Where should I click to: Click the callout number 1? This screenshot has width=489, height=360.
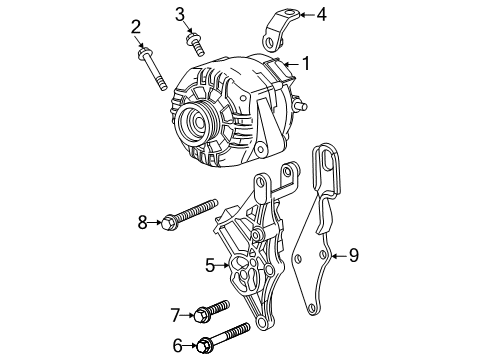305,63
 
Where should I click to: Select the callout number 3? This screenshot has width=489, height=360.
180,13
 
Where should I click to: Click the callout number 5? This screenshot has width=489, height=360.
210,265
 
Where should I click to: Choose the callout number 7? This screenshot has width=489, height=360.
177,315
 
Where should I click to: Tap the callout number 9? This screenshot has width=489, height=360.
352,255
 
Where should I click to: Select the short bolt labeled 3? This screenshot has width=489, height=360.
196,43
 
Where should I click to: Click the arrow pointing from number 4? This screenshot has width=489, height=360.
304,15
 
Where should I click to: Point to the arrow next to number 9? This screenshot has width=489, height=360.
338,255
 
